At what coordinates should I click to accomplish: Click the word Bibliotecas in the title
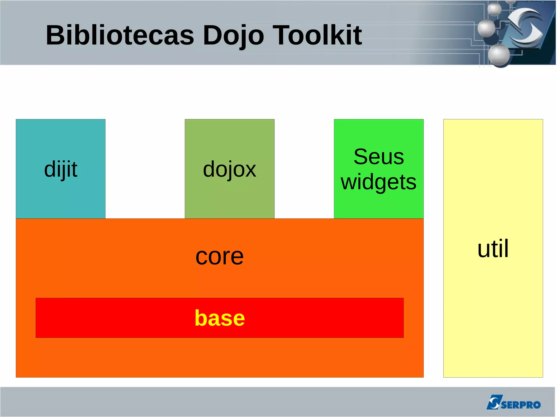[120, 35]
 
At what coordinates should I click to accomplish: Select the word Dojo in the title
[233, 35]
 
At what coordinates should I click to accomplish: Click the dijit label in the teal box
[61, 169]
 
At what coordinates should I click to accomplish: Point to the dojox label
[230, 169]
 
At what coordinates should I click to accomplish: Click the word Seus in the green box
[379, 157]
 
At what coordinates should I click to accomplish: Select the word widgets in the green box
[379, 182]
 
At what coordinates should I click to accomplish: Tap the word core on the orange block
[219, 256]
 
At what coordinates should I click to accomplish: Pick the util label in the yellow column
[493, 249]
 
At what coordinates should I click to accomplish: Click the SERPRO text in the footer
[521, 405]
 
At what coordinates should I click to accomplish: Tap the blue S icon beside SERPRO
[493, 402]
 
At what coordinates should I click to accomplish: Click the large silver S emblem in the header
[525, 27]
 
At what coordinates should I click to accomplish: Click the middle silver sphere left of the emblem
[486, 28]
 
